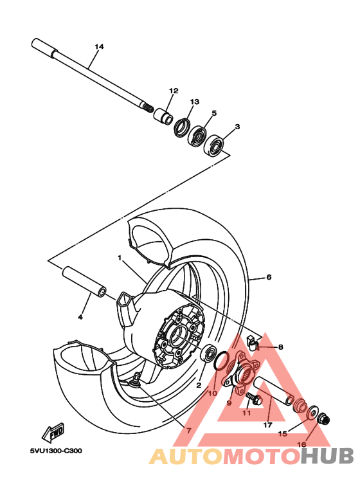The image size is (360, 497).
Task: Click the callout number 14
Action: click(x=99, y=47)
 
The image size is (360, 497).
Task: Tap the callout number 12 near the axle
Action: click(x=173, y=91)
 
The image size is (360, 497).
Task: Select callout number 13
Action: click(x=195, y=102)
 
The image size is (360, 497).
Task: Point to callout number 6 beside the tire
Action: click(x=269, y=277)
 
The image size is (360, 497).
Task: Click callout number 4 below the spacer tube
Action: click(x=80, y=317)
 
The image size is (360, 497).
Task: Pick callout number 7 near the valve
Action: click(x=188, y=431)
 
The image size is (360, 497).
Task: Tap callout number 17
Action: click(x=267, y=425)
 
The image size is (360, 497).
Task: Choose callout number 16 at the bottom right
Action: click(x=301, y=444)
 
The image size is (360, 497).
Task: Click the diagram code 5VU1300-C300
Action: click(x=55, y=451)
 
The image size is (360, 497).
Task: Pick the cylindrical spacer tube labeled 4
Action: click(x=84, y=283)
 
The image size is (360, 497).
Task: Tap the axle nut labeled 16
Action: click(x=325, y=420)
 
